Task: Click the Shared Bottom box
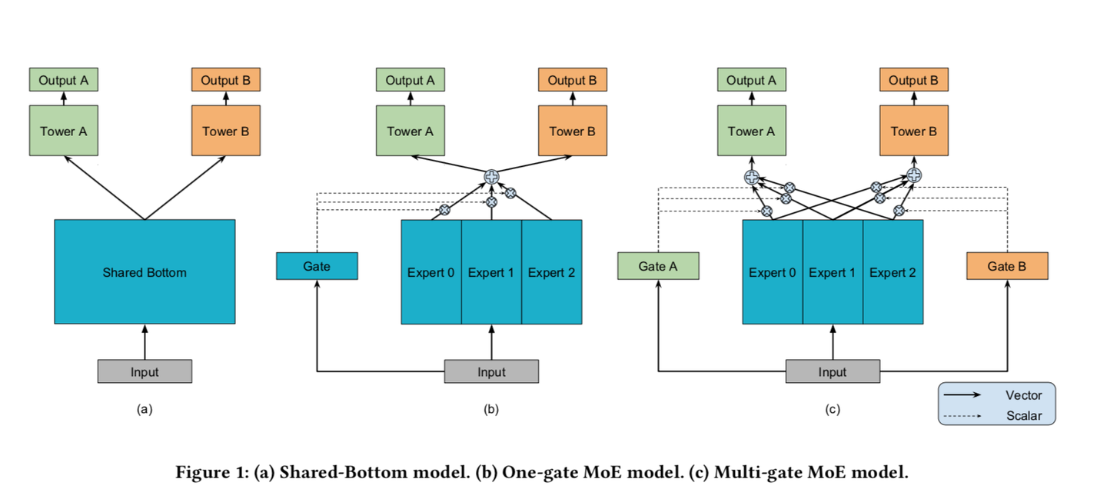[x=145, y=271]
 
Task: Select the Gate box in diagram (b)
[x=317, y=266]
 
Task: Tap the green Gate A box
[x=658, y=266]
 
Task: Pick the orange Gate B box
[x=1007, y=266]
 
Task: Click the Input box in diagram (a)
[x=145, y=371]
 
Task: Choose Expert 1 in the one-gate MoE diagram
[x=491, y=272]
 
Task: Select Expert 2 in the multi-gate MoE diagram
[x=893, y=272]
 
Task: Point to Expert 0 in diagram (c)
[x=772, y=272]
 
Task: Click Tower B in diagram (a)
[x=226, y=131]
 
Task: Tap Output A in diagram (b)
[x=410, y=80]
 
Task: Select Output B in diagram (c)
[x=913, y=80]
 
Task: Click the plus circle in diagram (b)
[x=491, y=177]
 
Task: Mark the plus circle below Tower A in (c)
[x=752, y=177]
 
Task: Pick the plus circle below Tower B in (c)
[x=913, y=175]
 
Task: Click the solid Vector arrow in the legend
[x=962, y=395]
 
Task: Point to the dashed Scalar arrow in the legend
[x=962, y=416]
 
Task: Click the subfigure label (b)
[x=491, y=410]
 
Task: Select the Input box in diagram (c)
[x=833, y=371]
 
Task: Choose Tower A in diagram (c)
[x=751, y=131]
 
